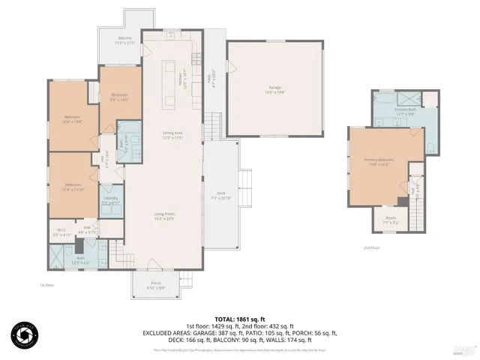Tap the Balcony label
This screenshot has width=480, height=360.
coord(125,38)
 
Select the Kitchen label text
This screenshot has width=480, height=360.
coord(180,73)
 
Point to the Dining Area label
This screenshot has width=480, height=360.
coord(173,135)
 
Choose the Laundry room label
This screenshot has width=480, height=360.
coord(110,200)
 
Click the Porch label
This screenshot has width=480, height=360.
coord(155,284)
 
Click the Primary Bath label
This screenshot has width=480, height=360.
coord(406,111)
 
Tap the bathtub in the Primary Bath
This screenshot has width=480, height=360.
coord(385,98)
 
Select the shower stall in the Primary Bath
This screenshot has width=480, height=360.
coord(410,97)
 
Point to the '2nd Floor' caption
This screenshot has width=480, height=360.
coord(371,247)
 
